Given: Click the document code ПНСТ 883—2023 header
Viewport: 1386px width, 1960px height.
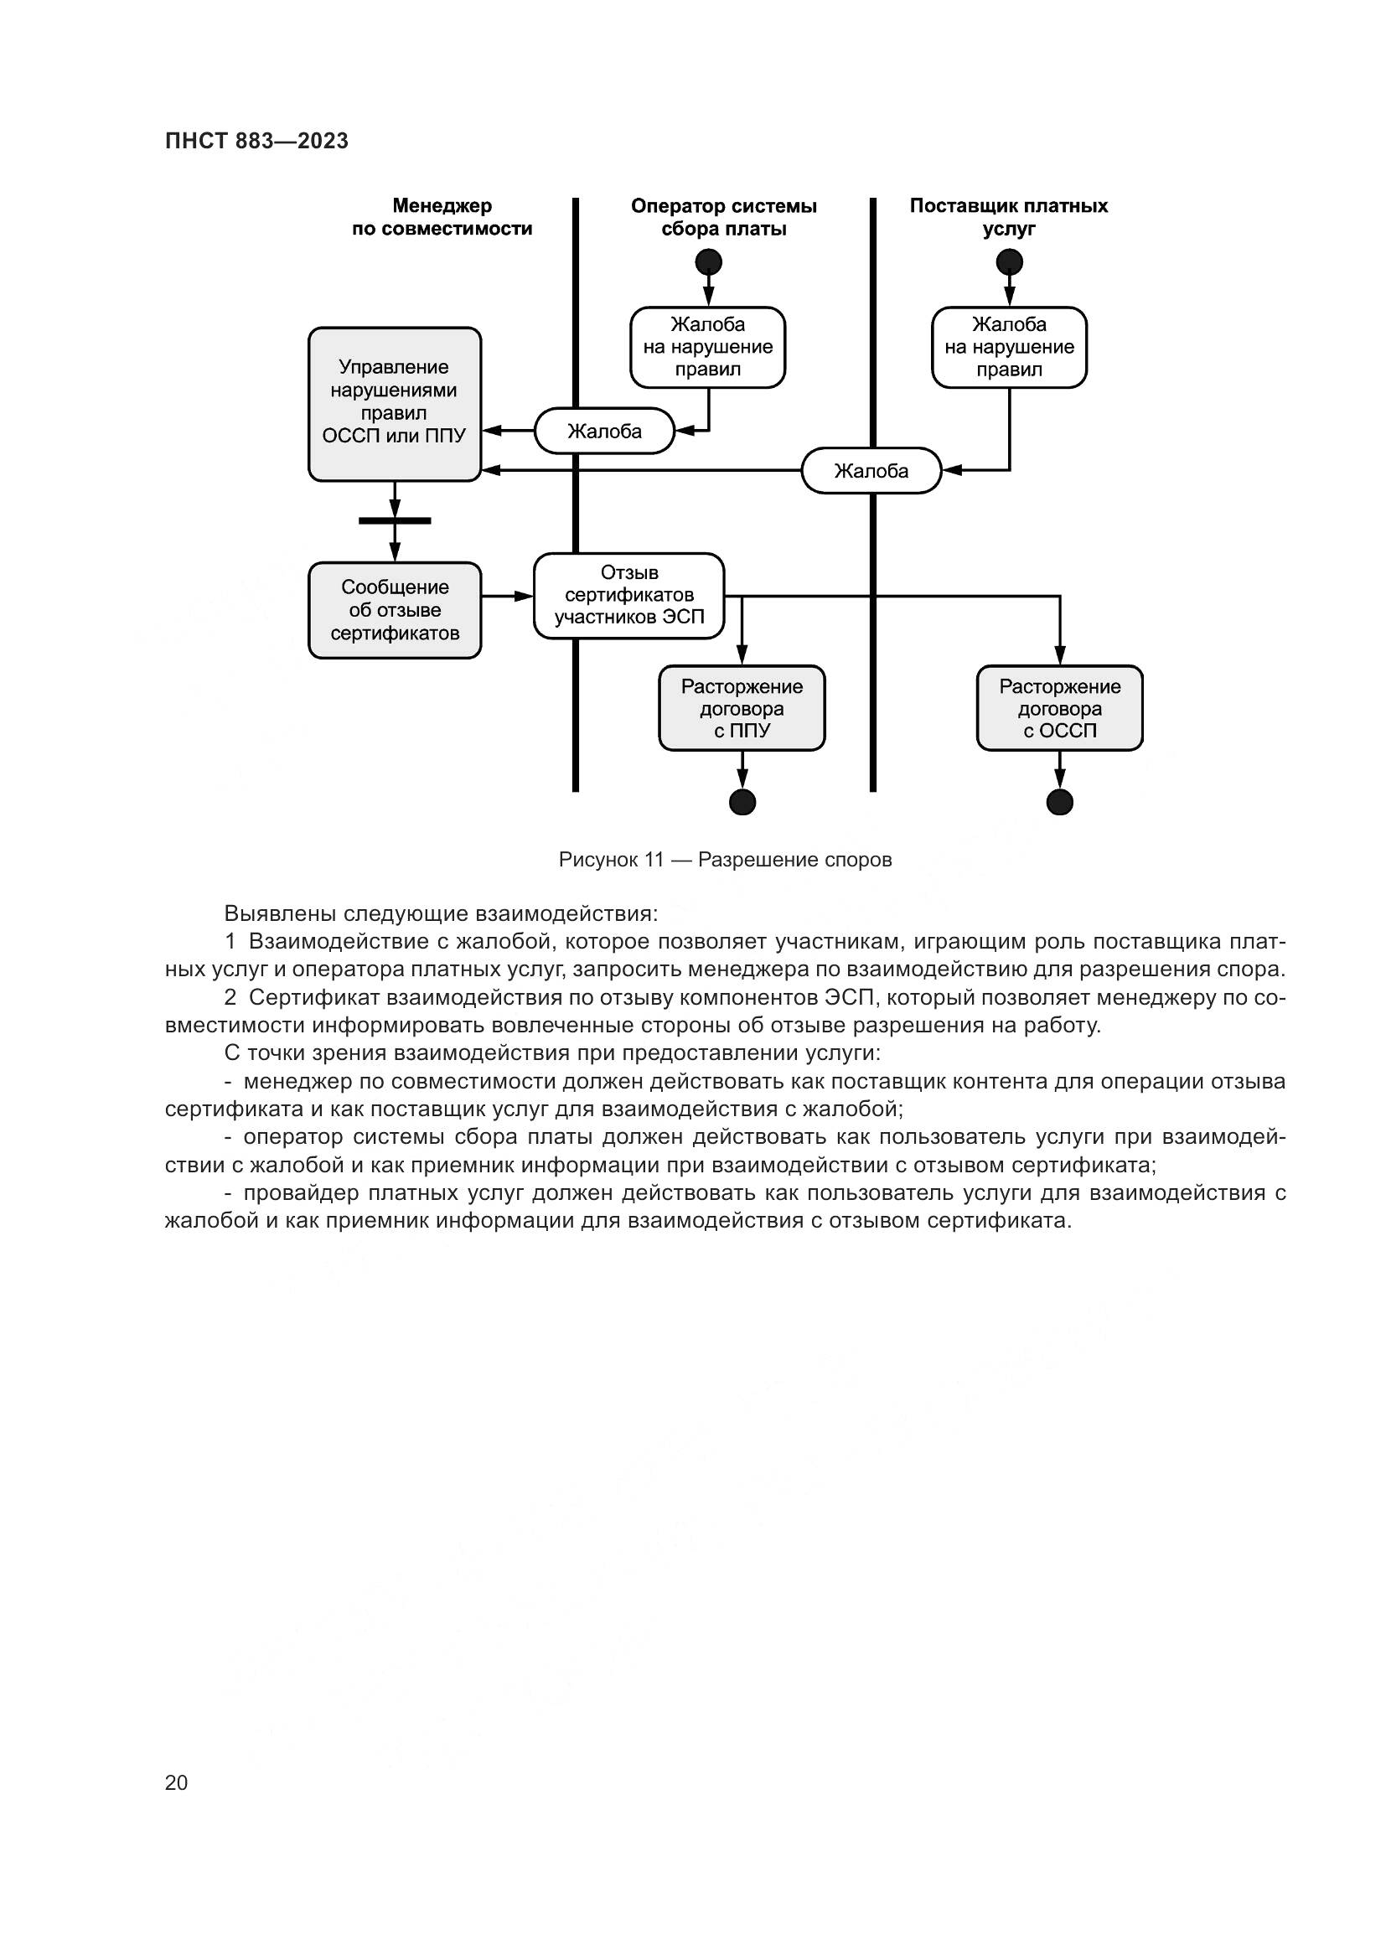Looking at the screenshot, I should [257, 141].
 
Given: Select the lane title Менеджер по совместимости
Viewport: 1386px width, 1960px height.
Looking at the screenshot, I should [442, 217].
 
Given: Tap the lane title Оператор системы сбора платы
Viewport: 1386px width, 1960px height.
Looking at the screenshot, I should [724, 217].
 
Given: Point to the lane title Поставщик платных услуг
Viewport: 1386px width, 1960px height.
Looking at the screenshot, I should [1009, 217].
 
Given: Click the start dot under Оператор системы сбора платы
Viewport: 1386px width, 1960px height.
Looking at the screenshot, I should [708, 261].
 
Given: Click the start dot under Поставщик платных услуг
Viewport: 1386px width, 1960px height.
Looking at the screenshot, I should [1010, 261].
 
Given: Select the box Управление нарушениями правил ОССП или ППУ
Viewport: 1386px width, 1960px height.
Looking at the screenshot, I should [395, 404].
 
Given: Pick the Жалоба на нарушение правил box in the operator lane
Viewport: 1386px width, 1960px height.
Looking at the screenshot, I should [707, 348].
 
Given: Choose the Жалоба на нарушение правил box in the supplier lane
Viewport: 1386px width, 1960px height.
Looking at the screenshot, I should [1009, 348].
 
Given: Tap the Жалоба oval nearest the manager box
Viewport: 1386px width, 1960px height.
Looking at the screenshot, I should [604, 431].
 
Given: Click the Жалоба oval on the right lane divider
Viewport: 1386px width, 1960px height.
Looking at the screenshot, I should [871, 470].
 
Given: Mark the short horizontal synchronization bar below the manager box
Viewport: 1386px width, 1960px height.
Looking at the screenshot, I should [395, 520].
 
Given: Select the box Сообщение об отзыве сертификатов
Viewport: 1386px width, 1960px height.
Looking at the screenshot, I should [395, 609].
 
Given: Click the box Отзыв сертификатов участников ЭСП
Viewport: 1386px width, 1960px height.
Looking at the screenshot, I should [629, 595].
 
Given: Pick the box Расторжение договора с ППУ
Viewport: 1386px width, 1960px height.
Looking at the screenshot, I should [742, 708].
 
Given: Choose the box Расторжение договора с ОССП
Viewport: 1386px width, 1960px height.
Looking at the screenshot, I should [1059, 708].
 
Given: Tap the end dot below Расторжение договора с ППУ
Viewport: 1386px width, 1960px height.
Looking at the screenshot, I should [742, 802].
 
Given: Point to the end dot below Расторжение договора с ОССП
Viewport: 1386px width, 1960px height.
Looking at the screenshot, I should [1059, 802].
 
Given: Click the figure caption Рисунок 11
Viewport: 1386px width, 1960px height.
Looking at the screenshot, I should [725, 860].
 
